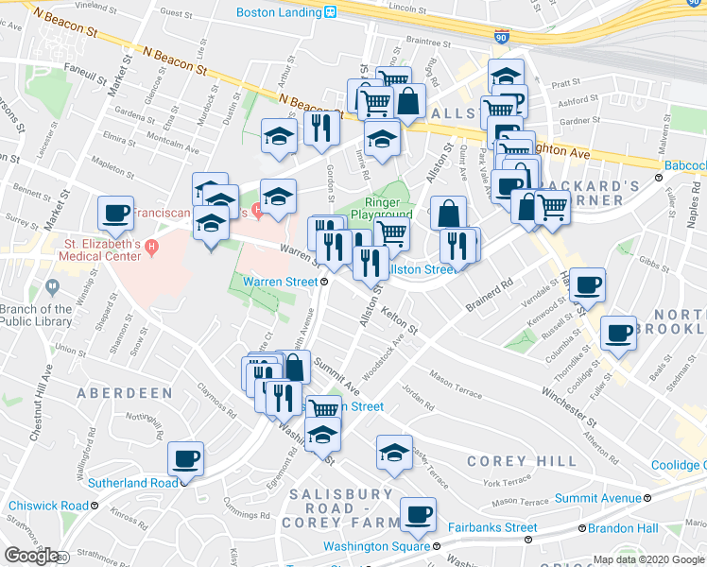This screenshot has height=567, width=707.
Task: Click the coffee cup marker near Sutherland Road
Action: [x=186, y=460]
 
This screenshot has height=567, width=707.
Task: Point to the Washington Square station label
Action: [x=376, y=546]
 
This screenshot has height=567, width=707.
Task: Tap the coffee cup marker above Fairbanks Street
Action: [x=417, y=516]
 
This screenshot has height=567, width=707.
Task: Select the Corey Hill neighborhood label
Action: [x=522, y=461]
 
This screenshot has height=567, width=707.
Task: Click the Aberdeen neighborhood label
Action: [x=125, y=392]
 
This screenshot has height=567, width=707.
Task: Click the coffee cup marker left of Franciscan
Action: [x=116, y=215]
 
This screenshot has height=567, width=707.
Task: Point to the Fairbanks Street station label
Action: [x=492, y=527]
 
